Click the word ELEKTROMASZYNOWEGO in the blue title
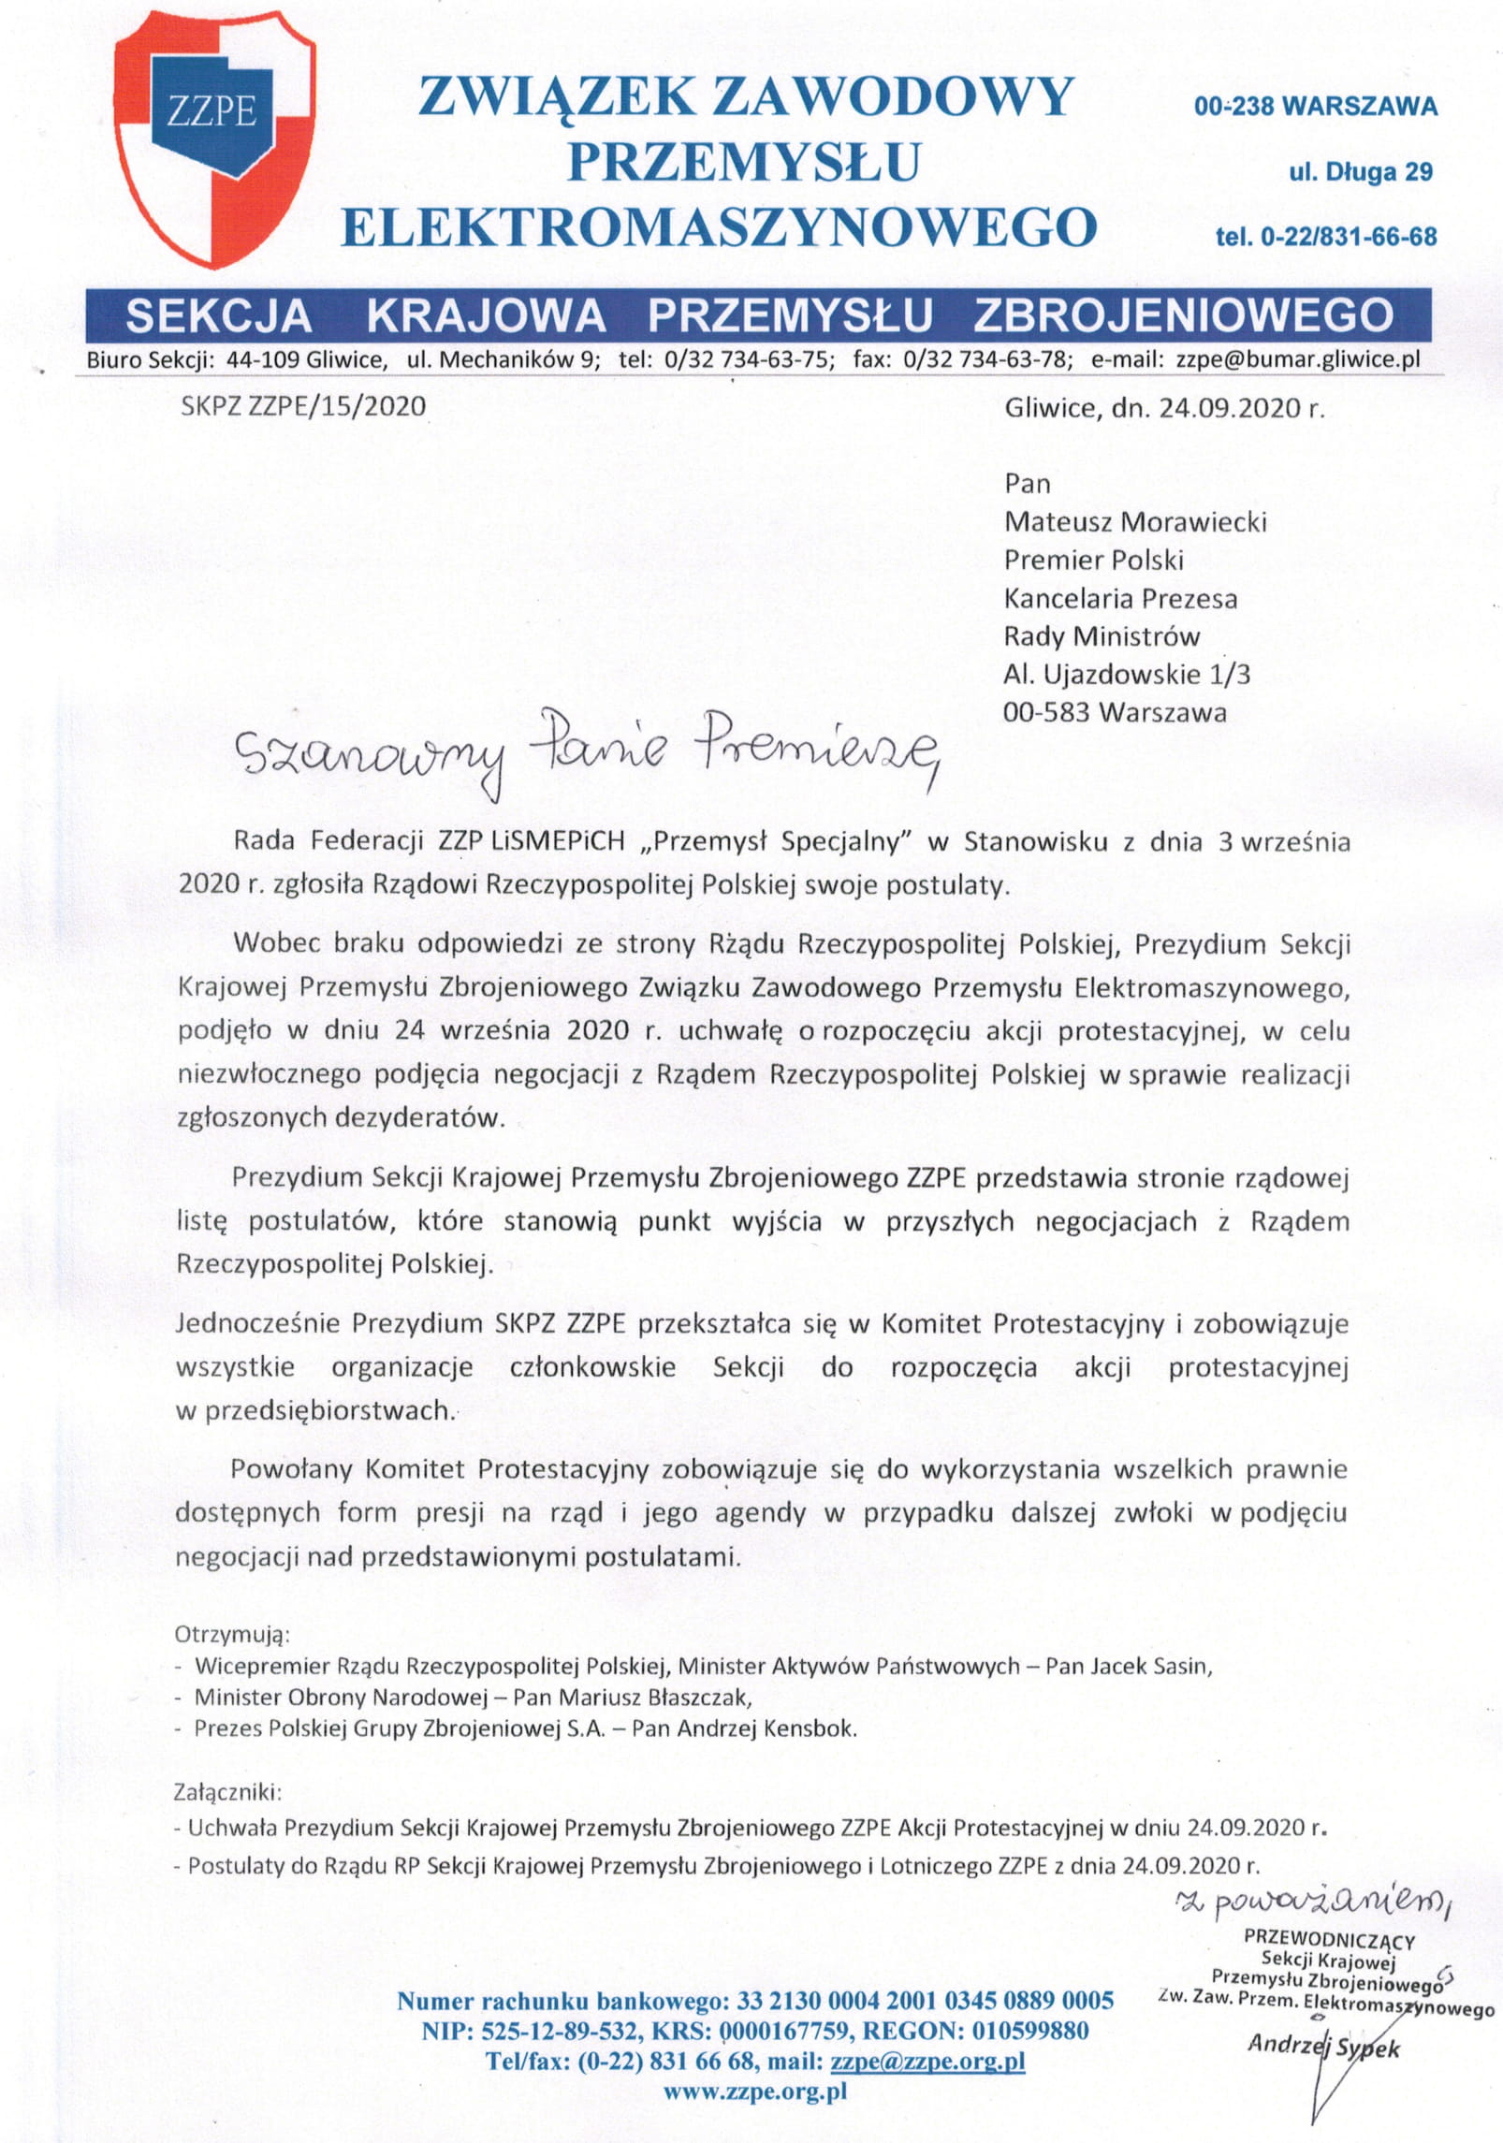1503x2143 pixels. (718, 227)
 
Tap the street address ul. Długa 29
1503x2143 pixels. (1360, 171)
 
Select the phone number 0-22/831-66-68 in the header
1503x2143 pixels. (1349, 237)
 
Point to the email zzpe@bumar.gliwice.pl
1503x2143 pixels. (1297, 359)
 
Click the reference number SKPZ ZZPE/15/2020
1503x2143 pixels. (303, 406)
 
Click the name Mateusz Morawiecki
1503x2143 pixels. (1134, 521)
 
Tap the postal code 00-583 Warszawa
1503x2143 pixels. (1114, 712)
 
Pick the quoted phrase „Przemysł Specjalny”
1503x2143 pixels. (777, 841)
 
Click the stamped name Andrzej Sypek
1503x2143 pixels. (1323, 2047)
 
